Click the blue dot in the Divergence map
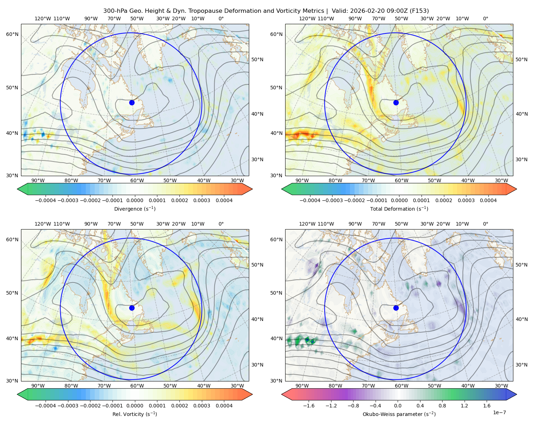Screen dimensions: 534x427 [132, 102]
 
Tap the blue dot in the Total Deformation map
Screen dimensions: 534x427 [396, 102]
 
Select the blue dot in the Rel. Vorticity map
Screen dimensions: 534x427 [132, 308]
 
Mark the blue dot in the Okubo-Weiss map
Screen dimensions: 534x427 [396, 308]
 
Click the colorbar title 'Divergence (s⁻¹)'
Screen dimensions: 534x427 [135, 209]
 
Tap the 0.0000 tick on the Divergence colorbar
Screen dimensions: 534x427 [135, 200]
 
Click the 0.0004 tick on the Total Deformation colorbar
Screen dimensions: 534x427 [488, 200]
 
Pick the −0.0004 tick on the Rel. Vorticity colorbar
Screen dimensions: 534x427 [46, 406]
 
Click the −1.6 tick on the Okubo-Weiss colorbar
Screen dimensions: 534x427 [309, 406]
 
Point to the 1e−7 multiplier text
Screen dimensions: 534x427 [499, 412]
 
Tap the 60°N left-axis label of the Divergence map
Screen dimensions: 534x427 [12, 34]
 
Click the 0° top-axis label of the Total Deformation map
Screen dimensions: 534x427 [485, 19]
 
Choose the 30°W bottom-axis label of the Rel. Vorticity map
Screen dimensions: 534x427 [237, 386]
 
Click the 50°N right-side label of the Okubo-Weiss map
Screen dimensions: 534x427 [521, 265]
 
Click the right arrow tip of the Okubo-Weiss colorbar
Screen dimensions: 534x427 [517, 394]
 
